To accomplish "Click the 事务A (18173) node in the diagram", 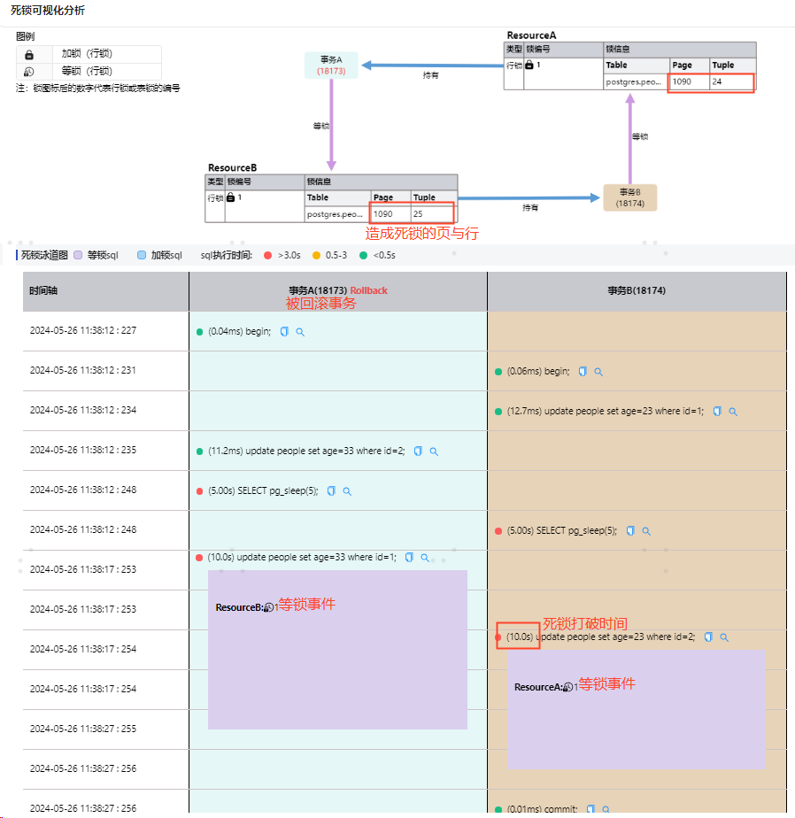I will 330,65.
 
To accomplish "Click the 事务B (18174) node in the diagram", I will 629,197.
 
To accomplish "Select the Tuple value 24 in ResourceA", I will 717,81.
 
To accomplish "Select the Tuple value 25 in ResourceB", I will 418,214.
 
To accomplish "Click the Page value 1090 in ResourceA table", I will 682,81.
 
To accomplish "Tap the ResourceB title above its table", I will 232,167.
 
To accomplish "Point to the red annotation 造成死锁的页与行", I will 422,234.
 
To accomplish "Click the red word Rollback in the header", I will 369,290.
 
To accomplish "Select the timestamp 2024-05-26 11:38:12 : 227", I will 83,331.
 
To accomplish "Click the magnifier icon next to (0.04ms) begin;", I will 300,332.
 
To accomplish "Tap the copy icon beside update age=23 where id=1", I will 717,412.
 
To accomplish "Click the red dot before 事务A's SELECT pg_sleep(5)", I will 199,491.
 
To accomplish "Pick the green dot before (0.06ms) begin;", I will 498,372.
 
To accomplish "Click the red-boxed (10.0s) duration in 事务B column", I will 519,637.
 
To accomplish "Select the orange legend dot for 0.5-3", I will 316,255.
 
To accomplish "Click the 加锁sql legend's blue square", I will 142,255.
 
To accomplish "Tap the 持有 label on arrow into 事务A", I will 430,75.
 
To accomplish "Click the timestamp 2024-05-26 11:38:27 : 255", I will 83,729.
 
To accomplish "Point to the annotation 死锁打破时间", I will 584,623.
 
